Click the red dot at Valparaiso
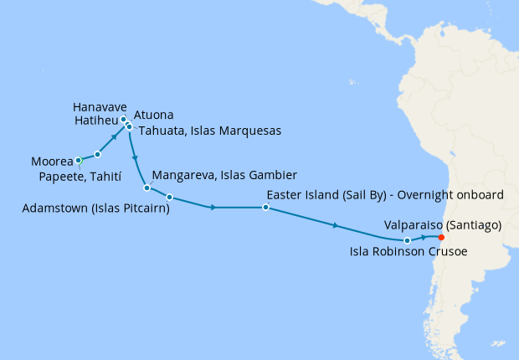coord(441,237)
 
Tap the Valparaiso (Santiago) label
coord(442,224)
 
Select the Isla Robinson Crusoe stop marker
coord(408,241)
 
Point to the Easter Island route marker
coord(265,207)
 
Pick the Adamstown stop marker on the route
coord(169,198)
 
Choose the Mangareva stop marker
coord(146,188)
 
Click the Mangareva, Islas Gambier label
coord(224,176)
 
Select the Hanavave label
coord(100,108)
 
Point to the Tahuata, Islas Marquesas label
coord(209,131)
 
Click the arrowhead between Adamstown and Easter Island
coord(215,207)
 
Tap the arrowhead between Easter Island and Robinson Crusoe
coord(336,225)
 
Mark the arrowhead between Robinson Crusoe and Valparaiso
coord(424,239)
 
